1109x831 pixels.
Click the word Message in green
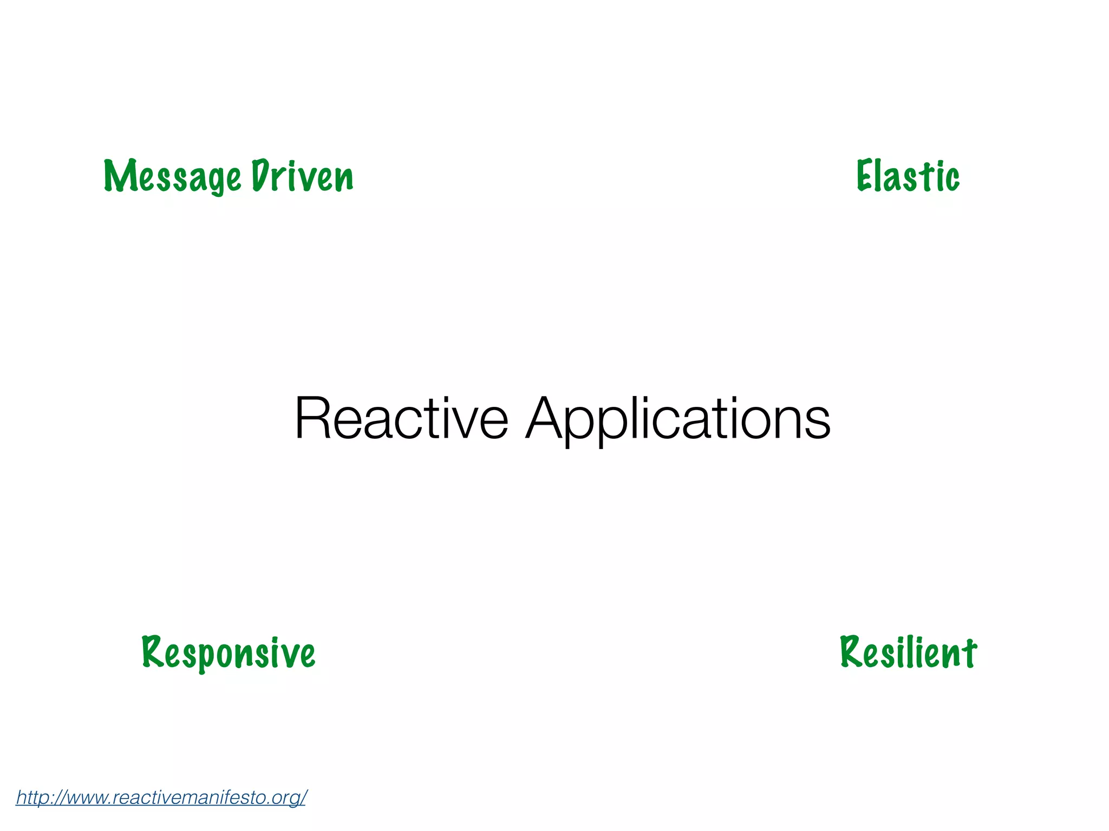point(172,176)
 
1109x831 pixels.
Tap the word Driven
point(302,176)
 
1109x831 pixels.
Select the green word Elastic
point(908,176)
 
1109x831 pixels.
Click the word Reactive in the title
point(401,419)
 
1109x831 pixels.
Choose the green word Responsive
point(228,653)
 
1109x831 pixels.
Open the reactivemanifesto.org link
point(161,797)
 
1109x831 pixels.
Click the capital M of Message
point(118,176)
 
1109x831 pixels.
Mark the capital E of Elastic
point(864,175)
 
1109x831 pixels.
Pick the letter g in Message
point(216,181)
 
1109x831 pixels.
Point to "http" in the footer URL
point(30,797)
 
